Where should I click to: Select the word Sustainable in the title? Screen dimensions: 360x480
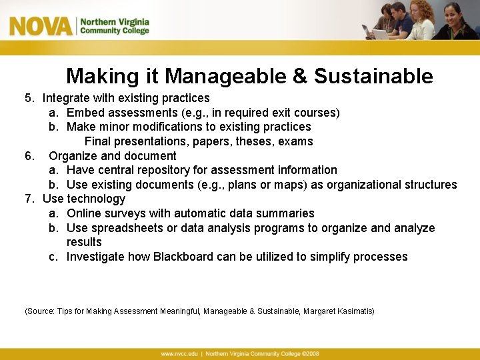[x=373, y=77]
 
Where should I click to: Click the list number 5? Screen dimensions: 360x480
[x=29, y=98]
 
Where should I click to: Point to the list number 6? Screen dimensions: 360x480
[x=29, y=156]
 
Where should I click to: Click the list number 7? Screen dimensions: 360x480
[x=29, y=199]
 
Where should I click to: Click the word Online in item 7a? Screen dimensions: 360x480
[x=84, y=213]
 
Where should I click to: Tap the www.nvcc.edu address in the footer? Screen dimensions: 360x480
[x=178, y=353]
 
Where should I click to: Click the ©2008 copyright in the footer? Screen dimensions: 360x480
[x=311, y=353]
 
